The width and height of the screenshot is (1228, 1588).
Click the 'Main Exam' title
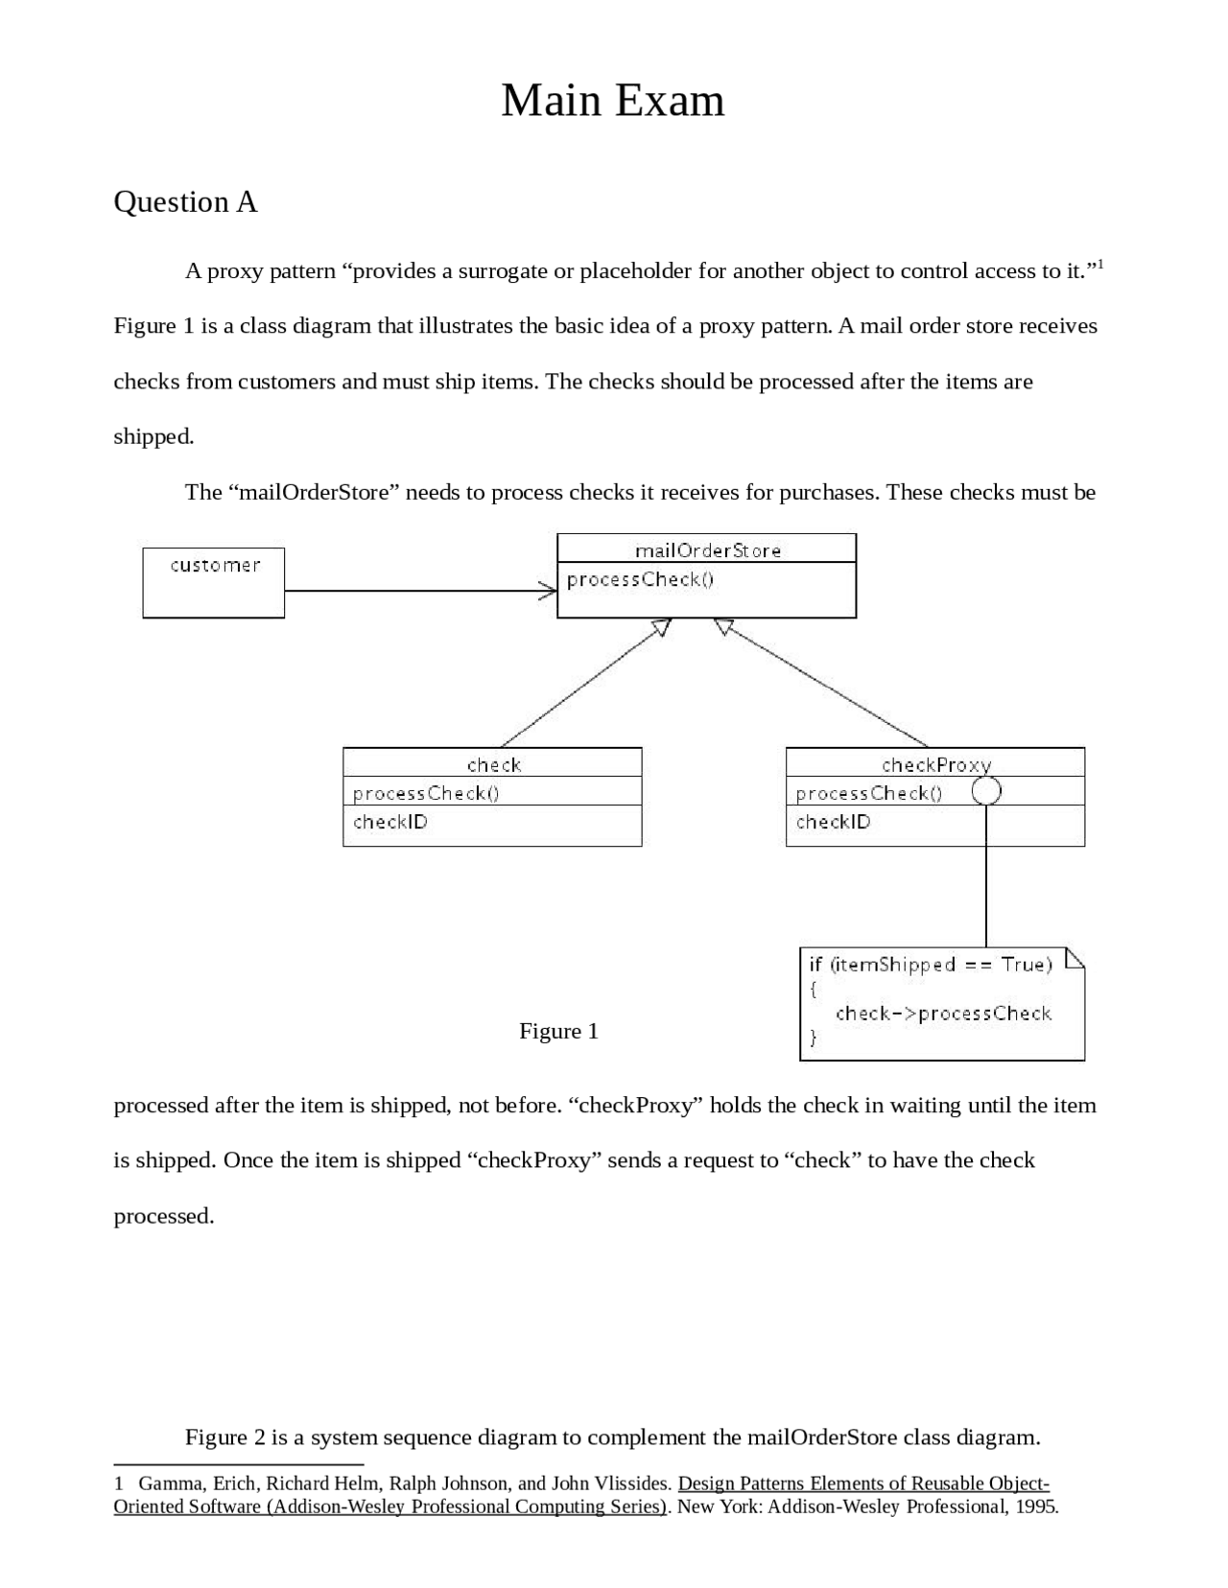pos(612,101)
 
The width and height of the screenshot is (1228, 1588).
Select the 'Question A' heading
pos(185,202)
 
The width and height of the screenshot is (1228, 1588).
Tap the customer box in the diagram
pos(214,582)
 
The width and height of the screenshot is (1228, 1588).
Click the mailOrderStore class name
pos(708,550)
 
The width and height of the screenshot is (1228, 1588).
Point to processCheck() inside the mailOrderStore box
pos(640,579)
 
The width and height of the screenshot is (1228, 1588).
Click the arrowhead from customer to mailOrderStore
pos(548,591)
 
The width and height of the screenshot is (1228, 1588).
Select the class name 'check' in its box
pos(493,764)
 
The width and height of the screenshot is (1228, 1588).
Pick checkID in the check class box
pos(390,822)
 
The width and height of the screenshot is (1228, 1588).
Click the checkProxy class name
pos(935,764)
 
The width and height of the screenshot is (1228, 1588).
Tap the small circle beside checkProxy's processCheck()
pos(986,791)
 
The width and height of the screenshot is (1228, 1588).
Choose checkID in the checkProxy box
pos(833,822)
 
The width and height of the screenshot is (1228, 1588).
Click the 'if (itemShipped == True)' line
pos(930,965)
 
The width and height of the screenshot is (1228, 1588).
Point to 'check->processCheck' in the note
pos(943,1014)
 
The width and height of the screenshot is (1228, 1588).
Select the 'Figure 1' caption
pos(558,1031)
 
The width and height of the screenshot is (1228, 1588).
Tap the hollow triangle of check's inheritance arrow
pos(661,627)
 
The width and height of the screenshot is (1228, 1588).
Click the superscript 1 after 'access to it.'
pos(1100,264)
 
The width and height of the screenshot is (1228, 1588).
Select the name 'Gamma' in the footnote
pos(170,1483)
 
